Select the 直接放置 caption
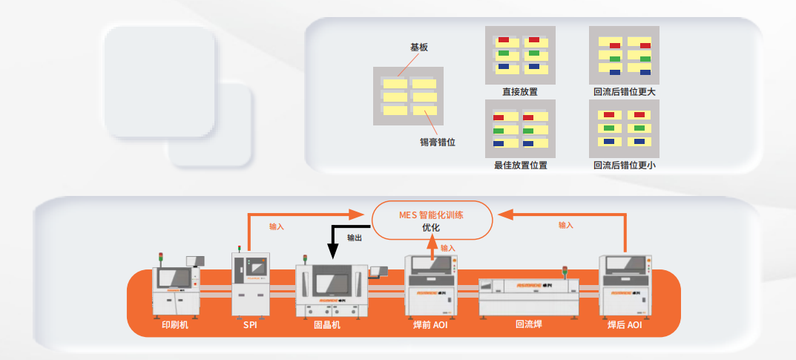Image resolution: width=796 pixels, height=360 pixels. click(519, 92)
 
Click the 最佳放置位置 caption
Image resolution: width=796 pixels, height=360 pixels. click(519, 165)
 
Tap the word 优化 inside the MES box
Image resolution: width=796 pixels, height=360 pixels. click(431, 228)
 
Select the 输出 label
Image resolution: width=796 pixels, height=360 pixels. click(355, 238)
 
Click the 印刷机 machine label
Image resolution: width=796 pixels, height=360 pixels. click(175, 324)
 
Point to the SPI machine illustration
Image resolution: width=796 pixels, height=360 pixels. click(250, 283)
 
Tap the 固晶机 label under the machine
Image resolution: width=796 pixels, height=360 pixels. click(327, 324)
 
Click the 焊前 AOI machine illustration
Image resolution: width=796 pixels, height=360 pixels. click(430, 285)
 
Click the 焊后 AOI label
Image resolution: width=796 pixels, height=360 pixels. click(625, 324)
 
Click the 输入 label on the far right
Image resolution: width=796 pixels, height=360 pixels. click(566, 225)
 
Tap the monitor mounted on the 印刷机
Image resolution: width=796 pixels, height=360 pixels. click(196, 261)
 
